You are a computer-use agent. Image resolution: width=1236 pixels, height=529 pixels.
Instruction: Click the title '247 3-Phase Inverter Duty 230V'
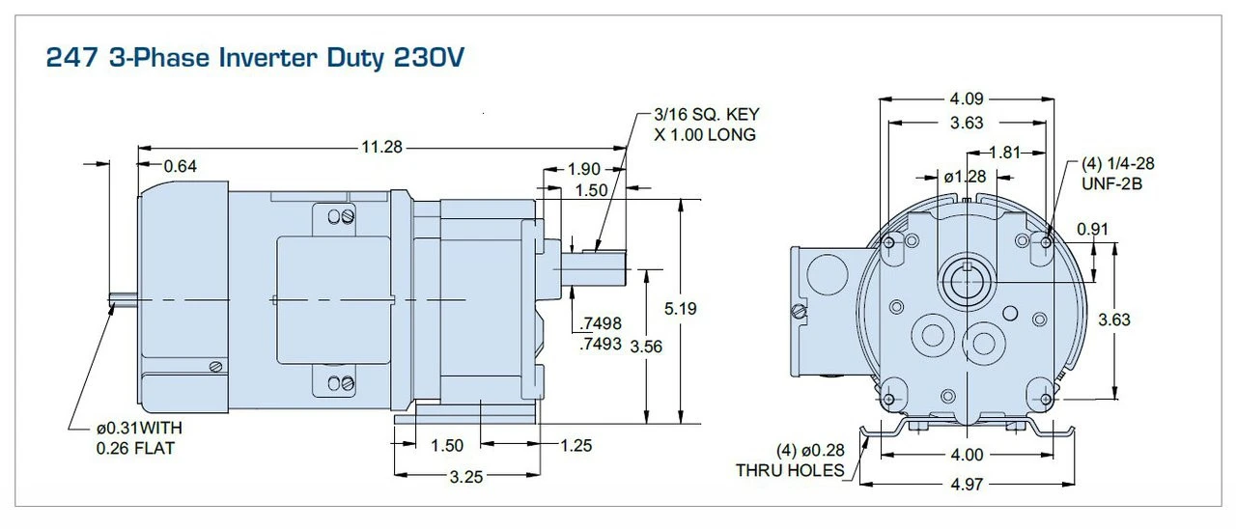256,58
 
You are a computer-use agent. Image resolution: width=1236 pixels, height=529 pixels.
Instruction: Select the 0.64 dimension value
181,166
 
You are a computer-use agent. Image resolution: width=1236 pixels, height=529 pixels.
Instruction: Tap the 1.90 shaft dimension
584,169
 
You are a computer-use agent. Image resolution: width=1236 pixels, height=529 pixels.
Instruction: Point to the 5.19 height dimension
681,309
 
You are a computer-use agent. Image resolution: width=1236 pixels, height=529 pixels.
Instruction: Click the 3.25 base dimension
466,476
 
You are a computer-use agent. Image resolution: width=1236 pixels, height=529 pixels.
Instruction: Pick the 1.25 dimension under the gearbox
576,445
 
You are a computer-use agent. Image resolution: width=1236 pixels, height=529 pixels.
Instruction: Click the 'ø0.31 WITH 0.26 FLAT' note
138,437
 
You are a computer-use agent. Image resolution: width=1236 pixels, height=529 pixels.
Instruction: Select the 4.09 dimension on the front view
966,97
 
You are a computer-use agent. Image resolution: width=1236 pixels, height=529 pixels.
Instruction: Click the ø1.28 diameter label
965,177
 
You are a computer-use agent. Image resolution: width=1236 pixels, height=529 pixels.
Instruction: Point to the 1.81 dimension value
1006,152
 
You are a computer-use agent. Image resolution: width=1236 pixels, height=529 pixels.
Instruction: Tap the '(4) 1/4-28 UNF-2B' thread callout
1117,173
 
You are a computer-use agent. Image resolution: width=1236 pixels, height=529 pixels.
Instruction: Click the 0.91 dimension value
1092,229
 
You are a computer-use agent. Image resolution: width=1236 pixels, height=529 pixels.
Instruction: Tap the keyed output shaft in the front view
966,280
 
